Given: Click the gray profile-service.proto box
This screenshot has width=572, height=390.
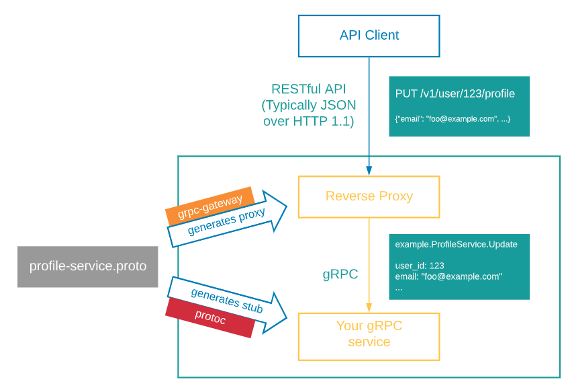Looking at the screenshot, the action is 87,266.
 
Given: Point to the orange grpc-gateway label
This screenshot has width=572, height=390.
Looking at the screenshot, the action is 209,206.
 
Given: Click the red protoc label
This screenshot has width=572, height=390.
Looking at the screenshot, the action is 209,317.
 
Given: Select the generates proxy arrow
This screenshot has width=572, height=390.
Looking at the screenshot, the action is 227,219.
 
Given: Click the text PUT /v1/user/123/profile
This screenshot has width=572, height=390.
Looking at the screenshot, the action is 455,94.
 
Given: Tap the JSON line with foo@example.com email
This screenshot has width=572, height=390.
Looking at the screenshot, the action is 452,119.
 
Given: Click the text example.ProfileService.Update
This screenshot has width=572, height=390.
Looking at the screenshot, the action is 456,244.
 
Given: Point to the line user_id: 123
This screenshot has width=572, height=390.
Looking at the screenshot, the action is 420,266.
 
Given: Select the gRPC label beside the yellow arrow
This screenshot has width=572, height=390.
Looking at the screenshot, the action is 340,274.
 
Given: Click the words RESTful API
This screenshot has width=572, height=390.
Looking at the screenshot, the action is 309,89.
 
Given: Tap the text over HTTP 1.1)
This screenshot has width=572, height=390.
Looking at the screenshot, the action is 309,121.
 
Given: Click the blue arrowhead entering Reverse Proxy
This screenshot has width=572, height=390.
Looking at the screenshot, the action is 369,171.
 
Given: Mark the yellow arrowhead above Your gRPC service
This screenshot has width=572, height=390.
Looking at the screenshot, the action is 369,308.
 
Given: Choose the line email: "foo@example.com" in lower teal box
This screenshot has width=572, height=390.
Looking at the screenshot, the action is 448,276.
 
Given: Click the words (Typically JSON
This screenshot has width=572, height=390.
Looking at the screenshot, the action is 309,106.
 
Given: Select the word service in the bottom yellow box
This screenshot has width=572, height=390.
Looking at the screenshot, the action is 369,342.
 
